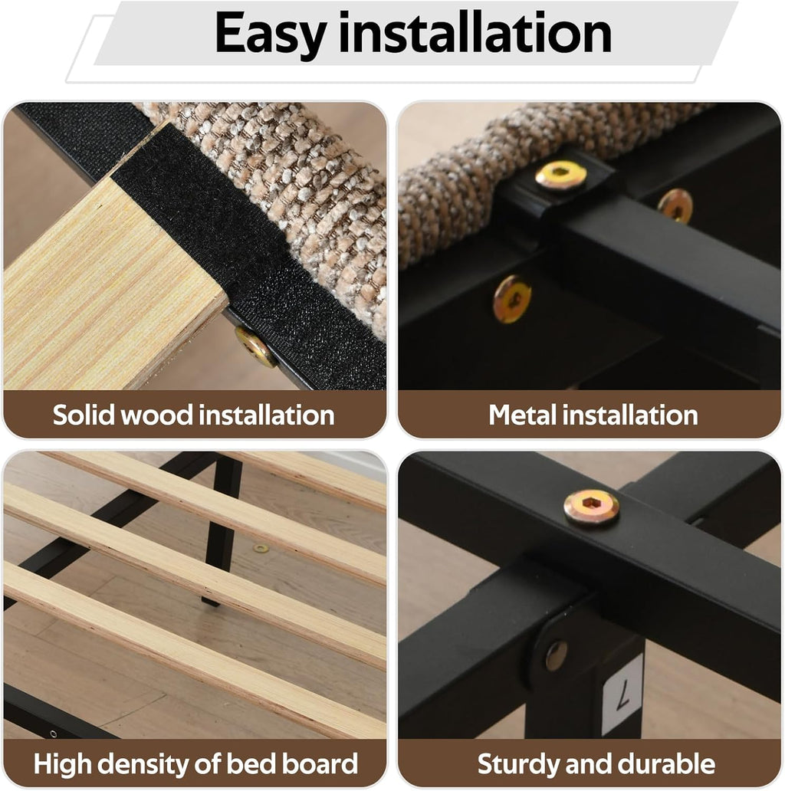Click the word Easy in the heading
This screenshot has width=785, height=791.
coord(271,34)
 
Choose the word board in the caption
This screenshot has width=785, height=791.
coord(319,763)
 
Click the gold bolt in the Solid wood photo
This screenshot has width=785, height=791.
coord(256,347)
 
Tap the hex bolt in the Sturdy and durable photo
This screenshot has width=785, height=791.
coord(591,507)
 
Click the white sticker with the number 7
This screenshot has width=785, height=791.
coord(623,694)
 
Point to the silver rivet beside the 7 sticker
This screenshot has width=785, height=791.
coord(556,656)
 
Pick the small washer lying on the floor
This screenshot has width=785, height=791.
coord(261,548)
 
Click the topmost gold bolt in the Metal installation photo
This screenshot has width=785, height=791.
coord(561,176)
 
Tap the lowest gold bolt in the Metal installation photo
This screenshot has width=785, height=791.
coord(512,299)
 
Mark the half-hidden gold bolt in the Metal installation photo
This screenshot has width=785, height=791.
coord(675,205)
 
